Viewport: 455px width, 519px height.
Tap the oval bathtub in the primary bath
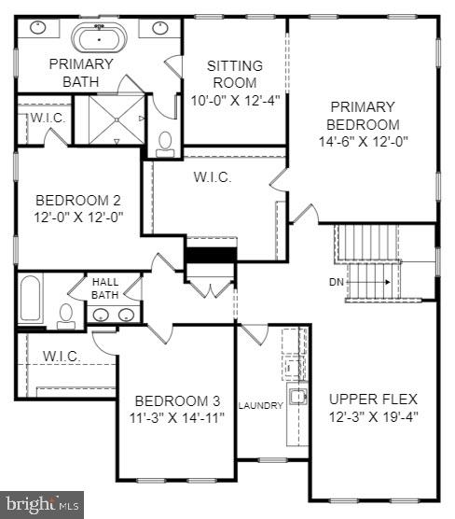98,39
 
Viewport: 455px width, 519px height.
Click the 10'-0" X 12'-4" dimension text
234,100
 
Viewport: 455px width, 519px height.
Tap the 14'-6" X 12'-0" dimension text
363,141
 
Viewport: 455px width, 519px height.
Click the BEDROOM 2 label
78,200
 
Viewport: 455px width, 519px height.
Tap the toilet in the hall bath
66,316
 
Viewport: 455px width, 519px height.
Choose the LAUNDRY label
259,405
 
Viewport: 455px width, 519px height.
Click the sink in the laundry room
296,397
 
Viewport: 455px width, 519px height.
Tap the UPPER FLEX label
373,399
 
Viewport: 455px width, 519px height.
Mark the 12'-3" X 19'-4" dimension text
373,416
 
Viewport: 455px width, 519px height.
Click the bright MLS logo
42,504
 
